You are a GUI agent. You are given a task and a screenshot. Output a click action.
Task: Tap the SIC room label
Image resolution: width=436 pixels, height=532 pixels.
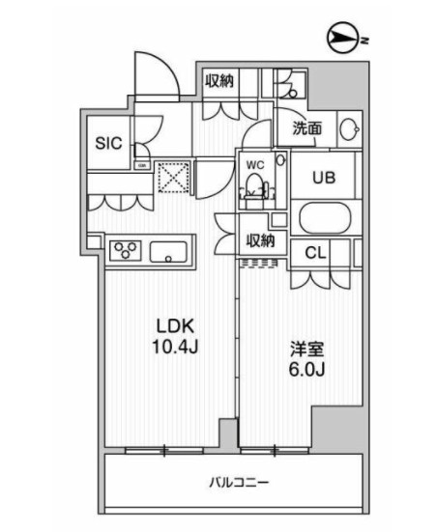(108, 143)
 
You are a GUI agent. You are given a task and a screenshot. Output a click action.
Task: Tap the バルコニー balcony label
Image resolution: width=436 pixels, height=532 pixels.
(236, 481)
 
